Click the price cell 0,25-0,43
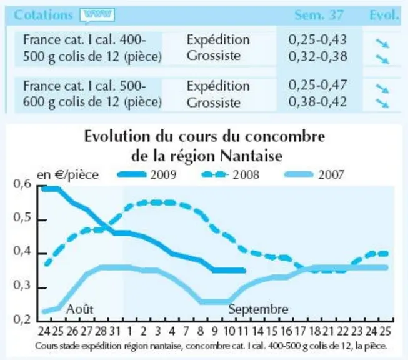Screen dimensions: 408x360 [317, 40]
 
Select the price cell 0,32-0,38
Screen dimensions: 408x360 [317, 56]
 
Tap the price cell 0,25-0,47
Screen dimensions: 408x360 [317, 85]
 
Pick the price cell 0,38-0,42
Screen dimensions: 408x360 [317, 101]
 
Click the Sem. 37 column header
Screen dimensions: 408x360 [319, 15]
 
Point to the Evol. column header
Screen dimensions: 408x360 [384, 15]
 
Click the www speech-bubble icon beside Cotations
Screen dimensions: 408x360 [97, 16]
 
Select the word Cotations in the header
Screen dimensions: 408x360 [43, 15]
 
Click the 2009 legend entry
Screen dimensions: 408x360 [147, 174]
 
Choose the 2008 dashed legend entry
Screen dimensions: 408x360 [231, 174]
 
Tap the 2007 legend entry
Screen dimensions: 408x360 [314, 174]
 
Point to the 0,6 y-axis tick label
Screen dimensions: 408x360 [22, 184]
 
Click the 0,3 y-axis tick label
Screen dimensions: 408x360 [22, 285]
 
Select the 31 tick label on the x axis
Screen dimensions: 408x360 [115, 331]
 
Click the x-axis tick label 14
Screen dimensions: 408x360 [257, 331]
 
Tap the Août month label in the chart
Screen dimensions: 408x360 [79, 309]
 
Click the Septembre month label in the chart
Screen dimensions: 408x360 [258, 309]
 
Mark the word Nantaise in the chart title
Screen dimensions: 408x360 [251, 156]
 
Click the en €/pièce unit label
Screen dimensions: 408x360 [67, 175]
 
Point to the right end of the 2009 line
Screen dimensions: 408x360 [244, 271]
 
